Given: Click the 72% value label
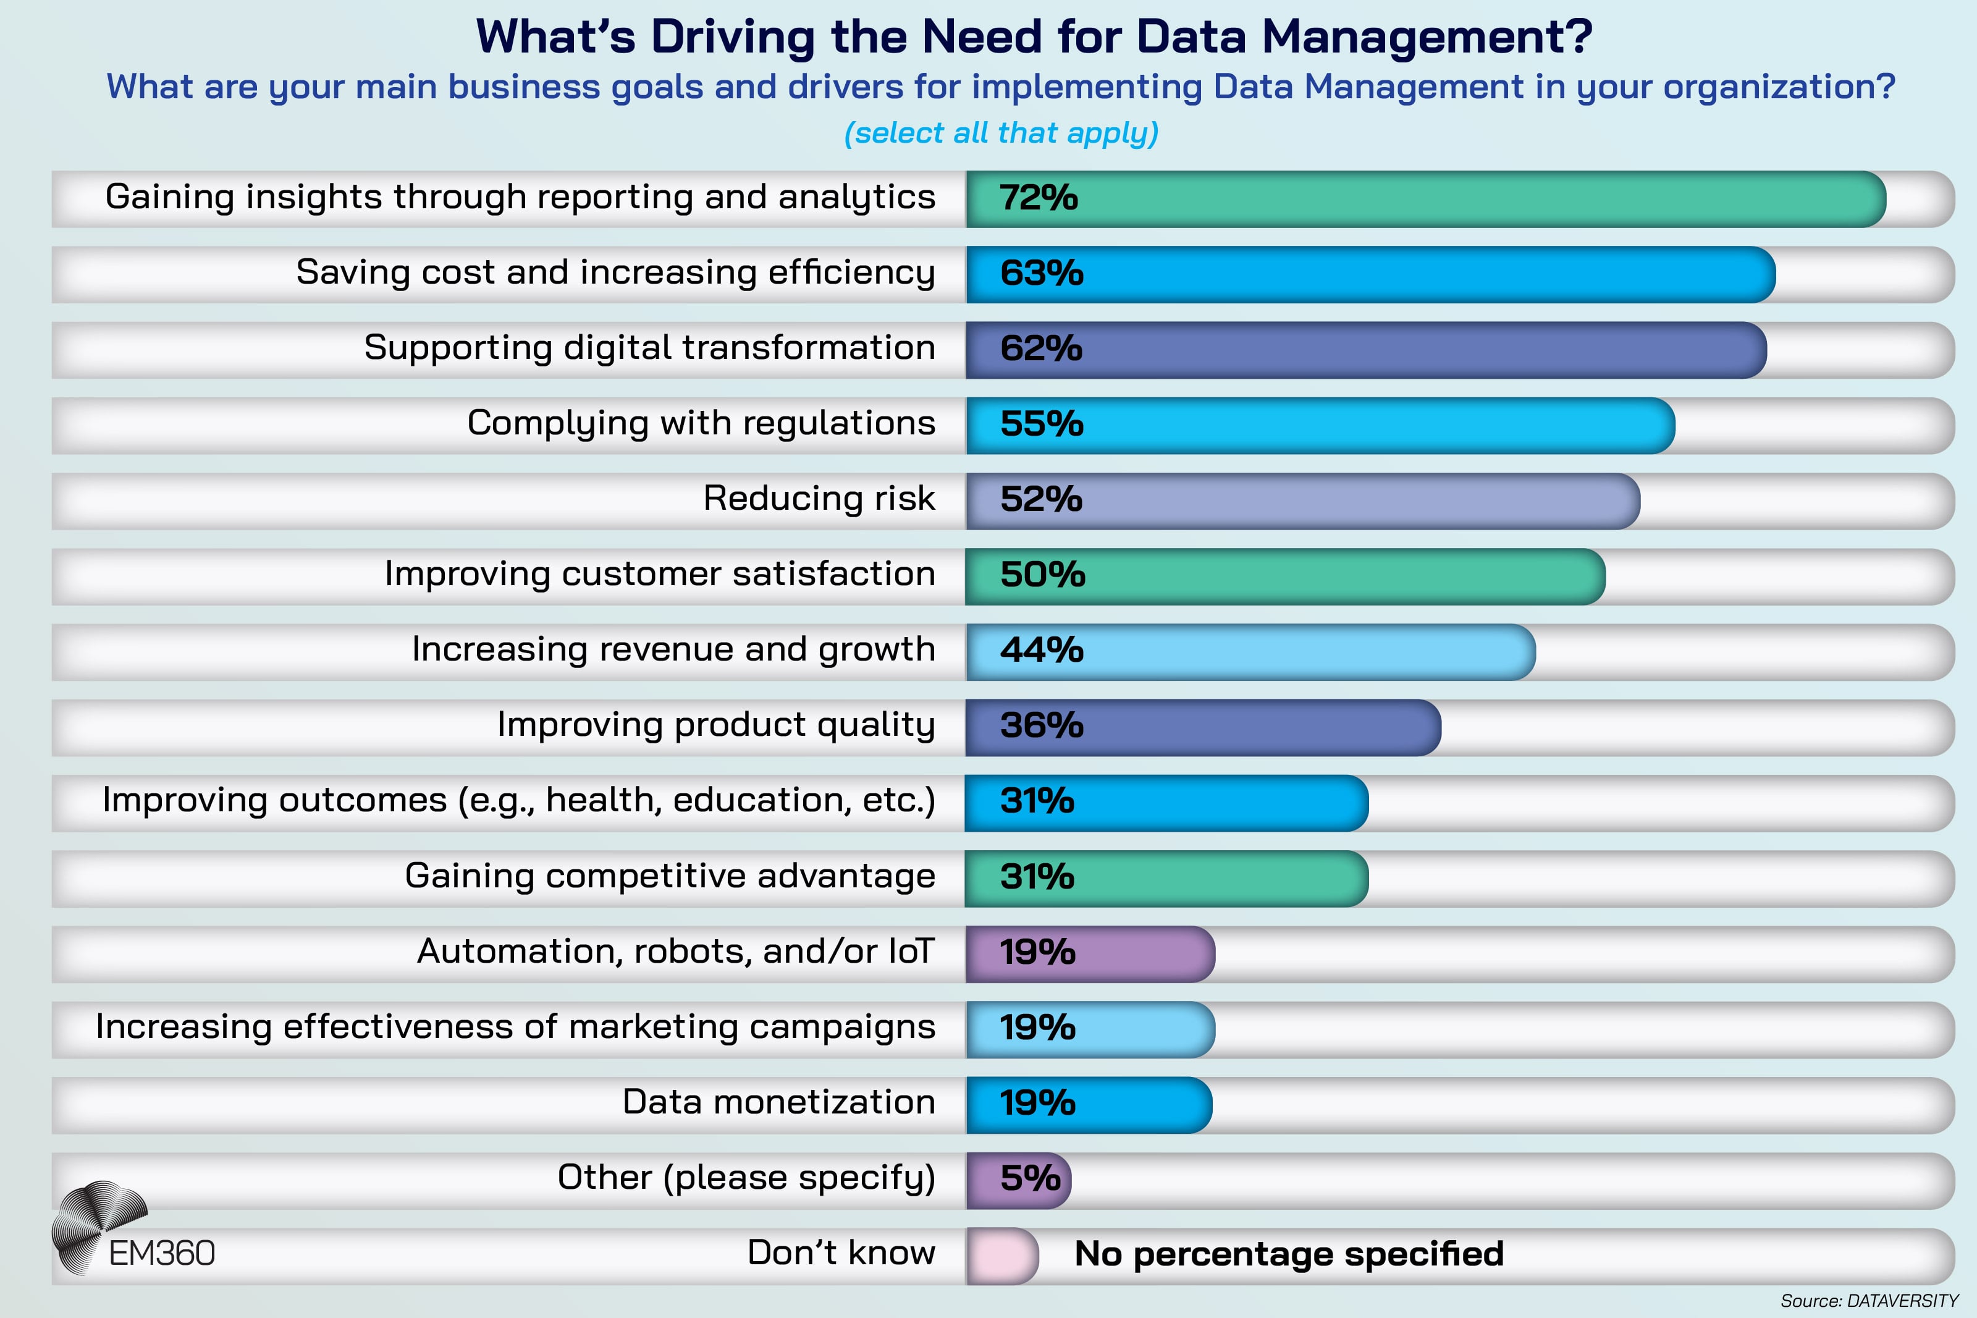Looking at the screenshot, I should pos(1039,198).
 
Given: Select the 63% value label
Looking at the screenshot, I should pos(1041,274).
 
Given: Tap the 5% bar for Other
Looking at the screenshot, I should pos(1018,1180).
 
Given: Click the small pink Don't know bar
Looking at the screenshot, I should pos(1002,1256).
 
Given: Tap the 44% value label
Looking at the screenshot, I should pos(1041,651).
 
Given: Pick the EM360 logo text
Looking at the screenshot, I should pos(162,1253).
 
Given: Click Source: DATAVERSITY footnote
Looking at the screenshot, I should pos(1869,1300).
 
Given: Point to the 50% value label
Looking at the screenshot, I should pos(1042,575).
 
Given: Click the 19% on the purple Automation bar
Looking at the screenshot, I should pos(1037,952).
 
